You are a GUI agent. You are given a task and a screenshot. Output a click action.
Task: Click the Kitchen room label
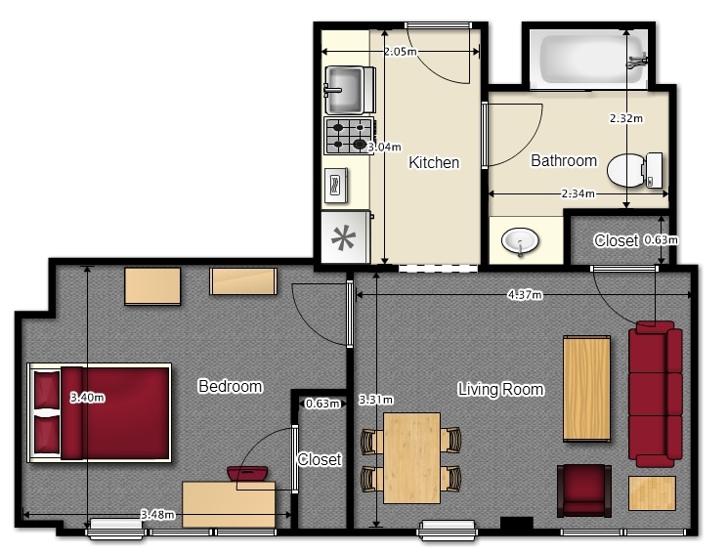[434, 162]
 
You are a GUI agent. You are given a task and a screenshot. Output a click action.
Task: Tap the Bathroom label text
[564, 160]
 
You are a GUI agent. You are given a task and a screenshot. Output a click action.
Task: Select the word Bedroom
[231, 386]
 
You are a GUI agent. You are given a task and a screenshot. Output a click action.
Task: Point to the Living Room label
[500, 389]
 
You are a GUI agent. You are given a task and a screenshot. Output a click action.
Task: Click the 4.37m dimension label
[525, 294]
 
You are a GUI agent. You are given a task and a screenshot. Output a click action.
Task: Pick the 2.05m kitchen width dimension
[401, 52]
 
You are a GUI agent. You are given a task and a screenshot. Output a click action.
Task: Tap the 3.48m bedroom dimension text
[158, 515]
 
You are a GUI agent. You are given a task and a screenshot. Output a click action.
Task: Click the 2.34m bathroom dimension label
[578, 193]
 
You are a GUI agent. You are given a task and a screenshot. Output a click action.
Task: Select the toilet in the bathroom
[634, 170]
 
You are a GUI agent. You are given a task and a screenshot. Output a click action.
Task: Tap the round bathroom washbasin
[520, 241]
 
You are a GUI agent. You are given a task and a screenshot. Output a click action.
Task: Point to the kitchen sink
[349, 90]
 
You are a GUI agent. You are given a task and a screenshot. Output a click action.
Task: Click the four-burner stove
[349, 136]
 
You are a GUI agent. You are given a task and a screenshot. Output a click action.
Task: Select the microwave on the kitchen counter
[336, 186]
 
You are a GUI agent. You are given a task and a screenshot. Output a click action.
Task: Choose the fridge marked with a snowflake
[345, 237]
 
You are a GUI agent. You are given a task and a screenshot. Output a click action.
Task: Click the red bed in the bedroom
[100, 413]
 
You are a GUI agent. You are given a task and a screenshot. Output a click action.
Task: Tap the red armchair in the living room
[584, 491]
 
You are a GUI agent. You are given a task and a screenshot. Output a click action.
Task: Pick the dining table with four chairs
[411, 458]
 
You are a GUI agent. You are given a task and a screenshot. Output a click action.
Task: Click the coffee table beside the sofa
[586, 388]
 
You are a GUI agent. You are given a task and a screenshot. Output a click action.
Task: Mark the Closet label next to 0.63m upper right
[616, 240]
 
